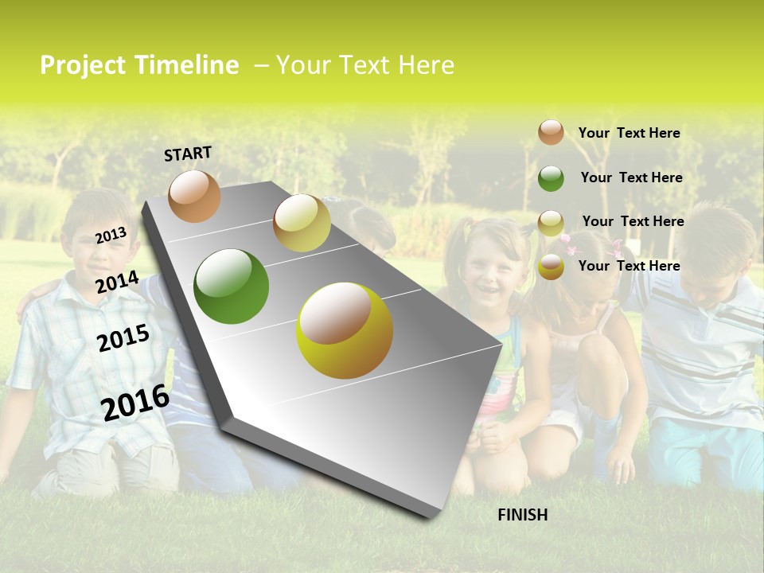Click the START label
(188, 154)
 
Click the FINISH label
(522, 515)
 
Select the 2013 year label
(111, 236)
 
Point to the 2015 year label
(123, 338)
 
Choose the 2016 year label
(135, 402)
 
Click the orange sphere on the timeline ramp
(194, 196)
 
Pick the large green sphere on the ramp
(231, 286)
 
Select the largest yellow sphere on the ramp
(345, 330)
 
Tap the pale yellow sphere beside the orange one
(302, 223)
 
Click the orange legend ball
(551, 132)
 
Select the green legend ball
(551, 178)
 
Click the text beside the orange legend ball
(629, 133)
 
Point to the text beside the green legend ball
(631, 177)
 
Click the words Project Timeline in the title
(139, 65)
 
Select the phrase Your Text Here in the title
(365, 65)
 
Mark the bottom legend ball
(551, 267)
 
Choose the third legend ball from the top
(551, 223)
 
